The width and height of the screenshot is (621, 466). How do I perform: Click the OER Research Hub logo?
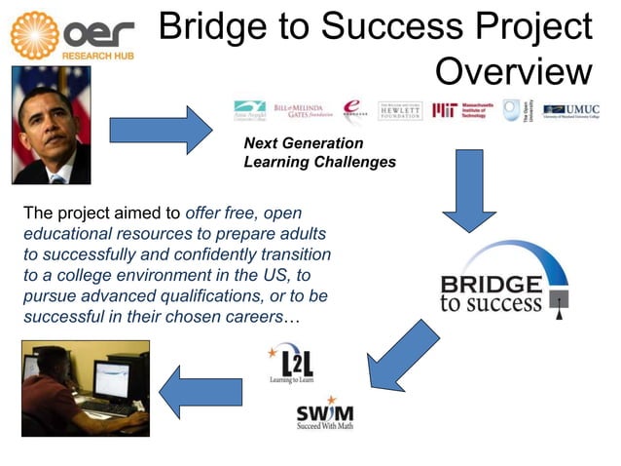[x=73, y=35]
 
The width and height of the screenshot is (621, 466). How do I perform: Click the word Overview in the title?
[x=512, y=71]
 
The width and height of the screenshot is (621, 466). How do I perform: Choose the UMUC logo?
[x=571, y=110]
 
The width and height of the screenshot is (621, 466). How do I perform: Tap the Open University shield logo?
[x=511, y=110]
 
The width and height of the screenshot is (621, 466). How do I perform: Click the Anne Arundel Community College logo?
[x=250, y=110]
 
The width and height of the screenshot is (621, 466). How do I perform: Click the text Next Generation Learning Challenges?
[x=318, y=153]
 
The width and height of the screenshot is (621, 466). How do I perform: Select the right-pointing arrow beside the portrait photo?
[x=160, y=129]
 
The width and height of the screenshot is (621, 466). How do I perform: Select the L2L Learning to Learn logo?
[x=291, y=364]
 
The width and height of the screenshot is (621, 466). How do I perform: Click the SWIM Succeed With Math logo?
[x=325, y=413]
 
